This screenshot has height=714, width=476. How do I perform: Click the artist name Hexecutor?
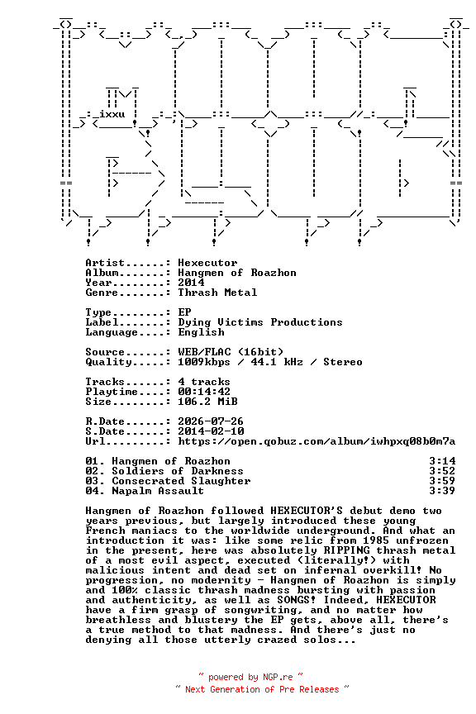coord(207,263)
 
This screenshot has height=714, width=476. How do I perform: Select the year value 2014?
coord(192,283)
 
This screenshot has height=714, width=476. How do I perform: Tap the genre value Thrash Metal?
coord(217,293)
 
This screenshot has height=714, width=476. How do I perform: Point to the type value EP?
coord(184,312)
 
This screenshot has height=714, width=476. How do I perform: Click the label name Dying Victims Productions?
coord(260,322)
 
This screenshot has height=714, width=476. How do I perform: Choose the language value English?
coord(202,332)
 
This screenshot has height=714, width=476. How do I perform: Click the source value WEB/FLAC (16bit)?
coord(231,352)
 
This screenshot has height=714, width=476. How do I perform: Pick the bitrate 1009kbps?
coord(204,362)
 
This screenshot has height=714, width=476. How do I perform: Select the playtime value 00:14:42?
coord(204,392)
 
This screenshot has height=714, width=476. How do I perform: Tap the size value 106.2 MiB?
coord(207,402)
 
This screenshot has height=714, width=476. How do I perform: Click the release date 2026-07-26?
coord(211,421)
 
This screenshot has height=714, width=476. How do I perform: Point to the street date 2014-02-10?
coord(211,431)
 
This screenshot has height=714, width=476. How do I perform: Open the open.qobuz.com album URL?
coord(317,441)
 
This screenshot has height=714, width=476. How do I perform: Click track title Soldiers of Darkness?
coord(178,471)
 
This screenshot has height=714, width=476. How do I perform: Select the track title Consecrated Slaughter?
coord(181,481)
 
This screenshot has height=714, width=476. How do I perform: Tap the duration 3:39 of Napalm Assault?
coord(442,491)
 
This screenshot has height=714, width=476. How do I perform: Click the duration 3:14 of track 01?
coord(442,461)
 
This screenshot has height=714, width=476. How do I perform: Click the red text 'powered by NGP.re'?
coord(250,677)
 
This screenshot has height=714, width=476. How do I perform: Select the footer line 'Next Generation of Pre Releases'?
coord(262,689)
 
